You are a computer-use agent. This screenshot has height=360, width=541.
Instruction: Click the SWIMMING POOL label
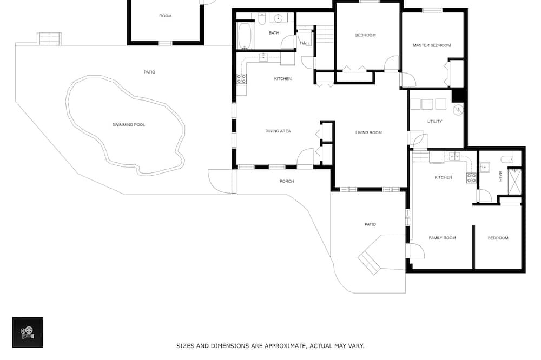(128, 125)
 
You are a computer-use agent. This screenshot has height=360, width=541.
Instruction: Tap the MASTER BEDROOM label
(432, 45)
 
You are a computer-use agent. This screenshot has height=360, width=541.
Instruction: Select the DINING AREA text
(278, 131)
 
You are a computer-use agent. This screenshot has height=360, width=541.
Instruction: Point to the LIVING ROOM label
(368, 132)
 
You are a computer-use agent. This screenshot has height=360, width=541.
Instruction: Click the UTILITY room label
(434, 122)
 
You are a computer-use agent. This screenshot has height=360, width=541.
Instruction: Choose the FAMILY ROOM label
(442, 238)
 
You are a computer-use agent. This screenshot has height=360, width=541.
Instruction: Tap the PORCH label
(286, 182)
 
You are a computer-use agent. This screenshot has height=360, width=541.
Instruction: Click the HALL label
(305, 43)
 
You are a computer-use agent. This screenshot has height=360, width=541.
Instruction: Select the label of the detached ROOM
(165, 16)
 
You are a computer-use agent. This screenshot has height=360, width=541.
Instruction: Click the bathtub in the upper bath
(245, 36)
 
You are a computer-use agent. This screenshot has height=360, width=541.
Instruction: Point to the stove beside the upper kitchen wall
(241, 79)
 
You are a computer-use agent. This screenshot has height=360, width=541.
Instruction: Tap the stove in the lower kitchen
(471, 178)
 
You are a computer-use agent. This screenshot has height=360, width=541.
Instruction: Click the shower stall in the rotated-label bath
(514, 181)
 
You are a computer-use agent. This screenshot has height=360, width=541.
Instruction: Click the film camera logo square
(28, 332)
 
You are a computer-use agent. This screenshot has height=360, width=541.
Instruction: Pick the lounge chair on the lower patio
(369, 263)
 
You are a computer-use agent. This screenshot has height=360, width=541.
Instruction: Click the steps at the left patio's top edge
(50, 38)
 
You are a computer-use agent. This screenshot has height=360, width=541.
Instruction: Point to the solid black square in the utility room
(458, 96)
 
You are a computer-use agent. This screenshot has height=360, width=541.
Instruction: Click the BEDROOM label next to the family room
(498, 238)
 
